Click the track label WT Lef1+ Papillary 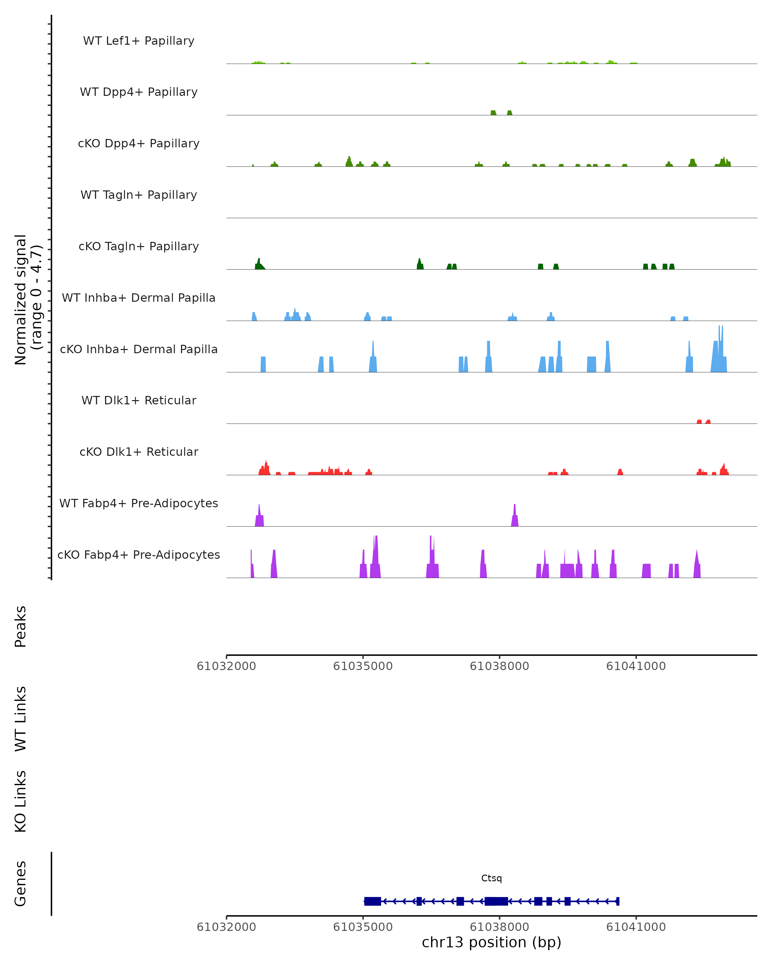pos(139,41)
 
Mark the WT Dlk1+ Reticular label pos(139,400)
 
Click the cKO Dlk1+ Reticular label pos(139,452)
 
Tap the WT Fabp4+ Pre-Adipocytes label pos(139,503)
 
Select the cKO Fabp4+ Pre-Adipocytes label pos(139,555)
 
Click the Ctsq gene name pos(492,878)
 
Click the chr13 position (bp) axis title pos(492,942)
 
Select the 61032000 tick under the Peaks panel pos(226,666)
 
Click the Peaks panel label pos(21,626)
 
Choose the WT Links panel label pos(21,718)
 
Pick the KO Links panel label pos(21,801)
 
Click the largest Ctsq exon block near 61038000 pos(496,901)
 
